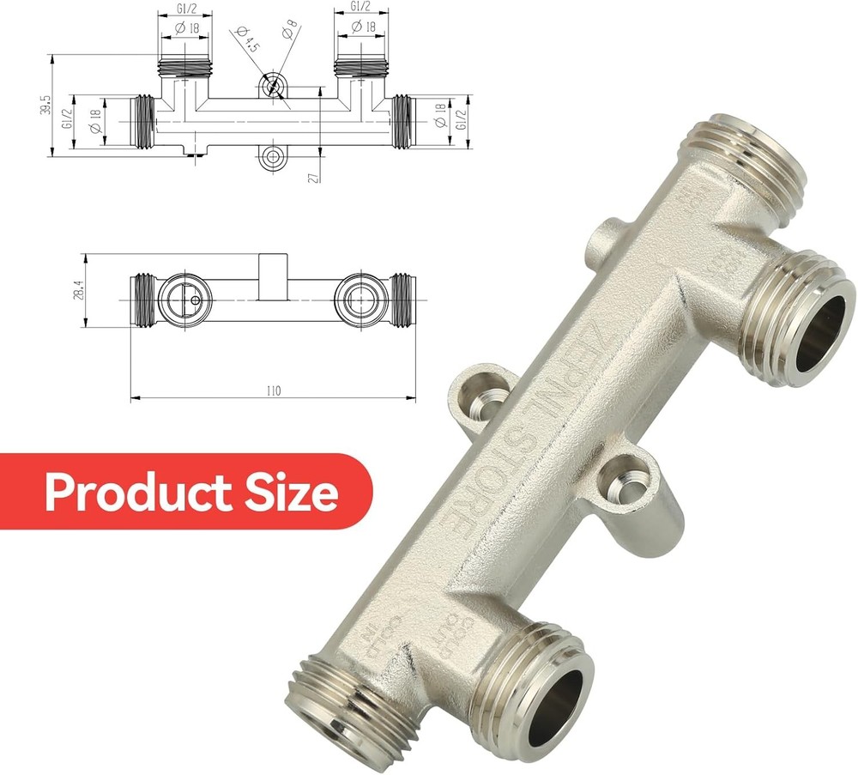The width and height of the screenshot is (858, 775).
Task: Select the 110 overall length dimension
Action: click(273, 391)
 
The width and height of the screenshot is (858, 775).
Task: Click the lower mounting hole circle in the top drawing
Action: click(274, 156)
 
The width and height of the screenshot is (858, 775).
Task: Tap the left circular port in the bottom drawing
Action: click(184, 299)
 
